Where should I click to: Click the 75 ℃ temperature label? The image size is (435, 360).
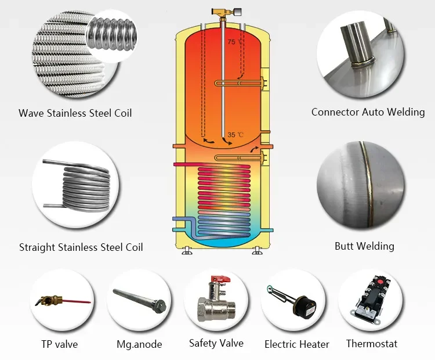pyautogui.click(x=235, y=42)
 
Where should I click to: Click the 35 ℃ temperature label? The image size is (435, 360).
pyautogui.click(x=235, y=135)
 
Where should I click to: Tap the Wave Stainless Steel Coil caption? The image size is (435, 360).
pyautogui.click(x=75, y=113)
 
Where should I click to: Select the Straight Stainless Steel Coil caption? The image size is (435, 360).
pyautogui.click(x=81, y=247)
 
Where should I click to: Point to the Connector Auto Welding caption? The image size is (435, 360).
pyautogui.click(x=368, y=112)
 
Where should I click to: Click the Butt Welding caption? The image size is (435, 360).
pyautogui.click(x=364, y=246)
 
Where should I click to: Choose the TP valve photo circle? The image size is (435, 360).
pyautogui.click(x=61, y=300)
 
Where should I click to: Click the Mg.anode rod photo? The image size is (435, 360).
pyautogui.click(x=140, y=300)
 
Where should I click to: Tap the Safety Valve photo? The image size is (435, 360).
pyautogui.click(x=216, y=300)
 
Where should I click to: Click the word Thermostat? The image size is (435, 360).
pyautogui.click(x=372, y=344)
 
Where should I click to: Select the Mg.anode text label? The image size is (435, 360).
pyautogui.click(x=139, y=344)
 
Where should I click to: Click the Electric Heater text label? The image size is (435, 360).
pyautogui.click(x=297, y=344)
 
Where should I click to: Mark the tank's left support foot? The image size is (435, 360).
pyautogui.click(x=186, y=250)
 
